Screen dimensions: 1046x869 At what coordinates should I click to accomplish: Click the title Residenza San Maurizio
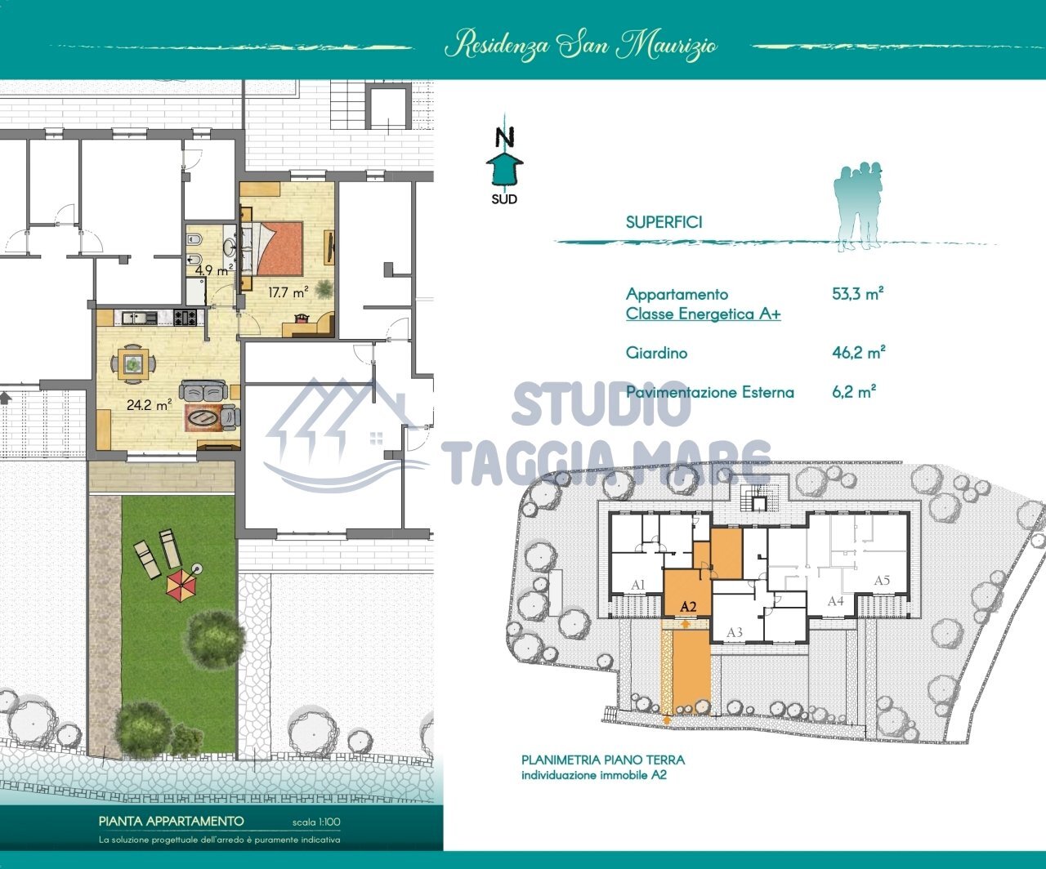click(580, 46)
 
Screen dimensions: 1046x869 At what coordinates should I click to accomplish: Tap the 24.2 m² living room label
click(150, 404)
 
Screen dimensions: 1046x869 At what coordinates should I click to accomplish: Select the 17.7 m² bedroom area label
click(288, 292)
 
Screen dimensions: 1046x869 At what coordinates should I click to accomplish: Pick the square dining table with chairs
click(132, 363)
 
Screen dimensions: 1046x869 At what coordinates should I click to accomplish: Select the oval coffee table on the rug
click(203, 417)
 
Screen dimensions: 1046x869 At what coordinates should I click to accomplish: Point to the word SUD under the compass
click(504, 199)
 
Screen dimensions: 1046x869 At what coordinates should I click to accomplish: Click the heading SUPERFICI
click(664, 222)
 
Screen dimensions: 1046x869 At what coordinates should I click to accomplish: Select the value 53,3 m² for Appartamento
click(858, 293)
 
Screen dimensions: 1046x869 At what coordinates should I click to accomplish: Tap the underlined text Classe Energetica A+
click(704, 314)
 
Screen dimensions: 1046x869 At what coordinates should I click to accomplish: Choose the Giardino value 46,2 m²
click(859, 352)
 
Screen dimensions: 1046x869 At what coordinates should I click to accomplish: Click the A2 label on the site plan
click(688, 606)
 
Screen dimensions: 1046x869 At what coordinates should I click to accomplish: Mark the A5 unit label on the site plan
click(882, 581)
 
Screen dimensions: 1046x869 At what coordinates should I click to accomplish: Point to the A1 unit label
click(637, 585)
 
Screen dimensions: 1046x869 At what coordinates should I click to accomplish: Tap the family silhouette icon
click(858, 207)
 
